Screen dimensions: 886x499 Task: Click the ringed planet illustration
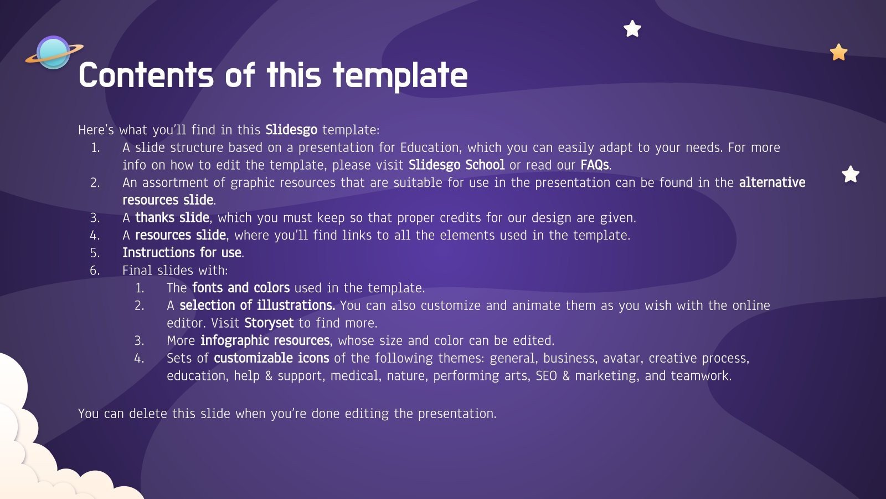coord(54,53)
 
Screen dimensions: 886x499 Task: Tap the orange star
coord(838,52)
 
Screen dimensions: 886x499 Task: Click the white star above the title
coord(632,28)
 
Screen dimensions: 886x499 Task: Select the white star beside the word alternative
coord(851,174)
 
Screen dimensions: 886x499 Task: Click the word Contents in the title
coord(146,75)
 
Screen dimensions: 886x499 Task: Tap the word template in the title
coord(400,76)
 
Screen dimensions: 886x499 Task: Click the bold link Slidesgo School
coord(456,165)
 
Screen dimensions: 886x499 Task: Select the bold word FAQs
coord(595,165)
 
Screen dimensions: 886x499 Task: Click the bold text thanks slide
coord(172,217)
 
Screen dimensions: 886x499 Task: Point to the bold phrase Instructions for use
coord(182,253)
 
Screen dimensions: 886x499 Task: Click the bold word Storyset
coord(269,323)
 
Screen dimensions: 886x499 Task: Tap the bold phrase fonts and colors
coord(241,288)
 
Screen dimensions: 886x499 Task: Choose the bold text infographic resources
coord(265,340)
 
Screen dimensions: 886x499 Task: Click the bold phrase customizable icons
coord(271,358)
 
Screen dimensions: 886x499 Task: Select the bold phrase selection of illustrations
coord(257,305)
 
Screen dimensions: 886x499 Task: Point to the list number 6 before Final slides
coord(95,271)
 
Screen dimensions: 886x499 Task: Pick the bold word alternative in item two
coord(772,182)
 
